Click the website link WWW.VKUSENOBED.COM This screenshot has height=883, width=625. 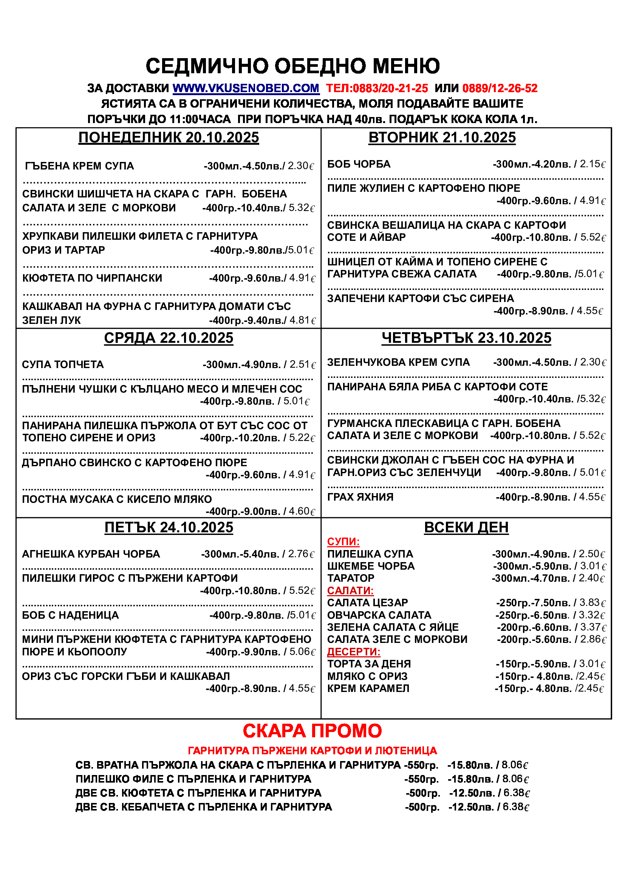click(246, 88)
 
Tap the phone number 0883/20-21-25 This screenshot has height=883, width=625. click(390, 88)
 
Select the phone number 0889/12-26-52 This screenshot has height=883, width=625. click(500, 88)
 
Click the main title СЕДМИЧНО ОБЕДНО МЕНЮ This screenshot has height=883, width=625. click(292, 66)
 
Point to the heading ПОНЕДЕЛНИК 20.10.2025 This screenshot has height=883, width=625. click(169, 138)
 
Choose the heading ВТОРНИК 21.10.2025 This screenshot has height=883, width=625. click(442, 138)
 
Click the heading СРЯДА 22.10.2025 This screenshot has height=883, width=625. click(169, 338)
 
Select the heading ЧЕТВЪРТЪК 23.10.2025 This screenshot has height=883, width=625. click(466, 338)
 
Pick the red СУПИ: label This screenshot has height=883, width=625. click(343, 542)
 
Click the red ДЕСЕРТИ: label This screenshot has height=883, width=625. click(353, 652)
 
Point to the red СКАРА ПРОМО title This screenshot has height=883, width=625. click(312, 731)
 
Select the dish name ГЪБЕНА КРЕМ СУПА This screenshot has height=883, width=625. click(79, 166)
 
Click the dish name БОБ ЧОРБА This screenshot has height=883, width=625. click(359, 164)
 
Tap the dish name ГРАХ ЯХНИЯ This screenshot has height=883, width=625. click(360, 497)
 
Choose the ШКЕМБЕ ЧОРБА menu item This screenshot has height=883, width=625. click(371, 566)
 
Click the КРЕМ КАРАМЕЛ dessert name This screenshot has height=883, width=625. click(368, 689)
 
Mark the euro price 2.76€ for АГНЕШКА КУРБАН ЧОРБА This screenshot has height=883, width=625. click(301, 554)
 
